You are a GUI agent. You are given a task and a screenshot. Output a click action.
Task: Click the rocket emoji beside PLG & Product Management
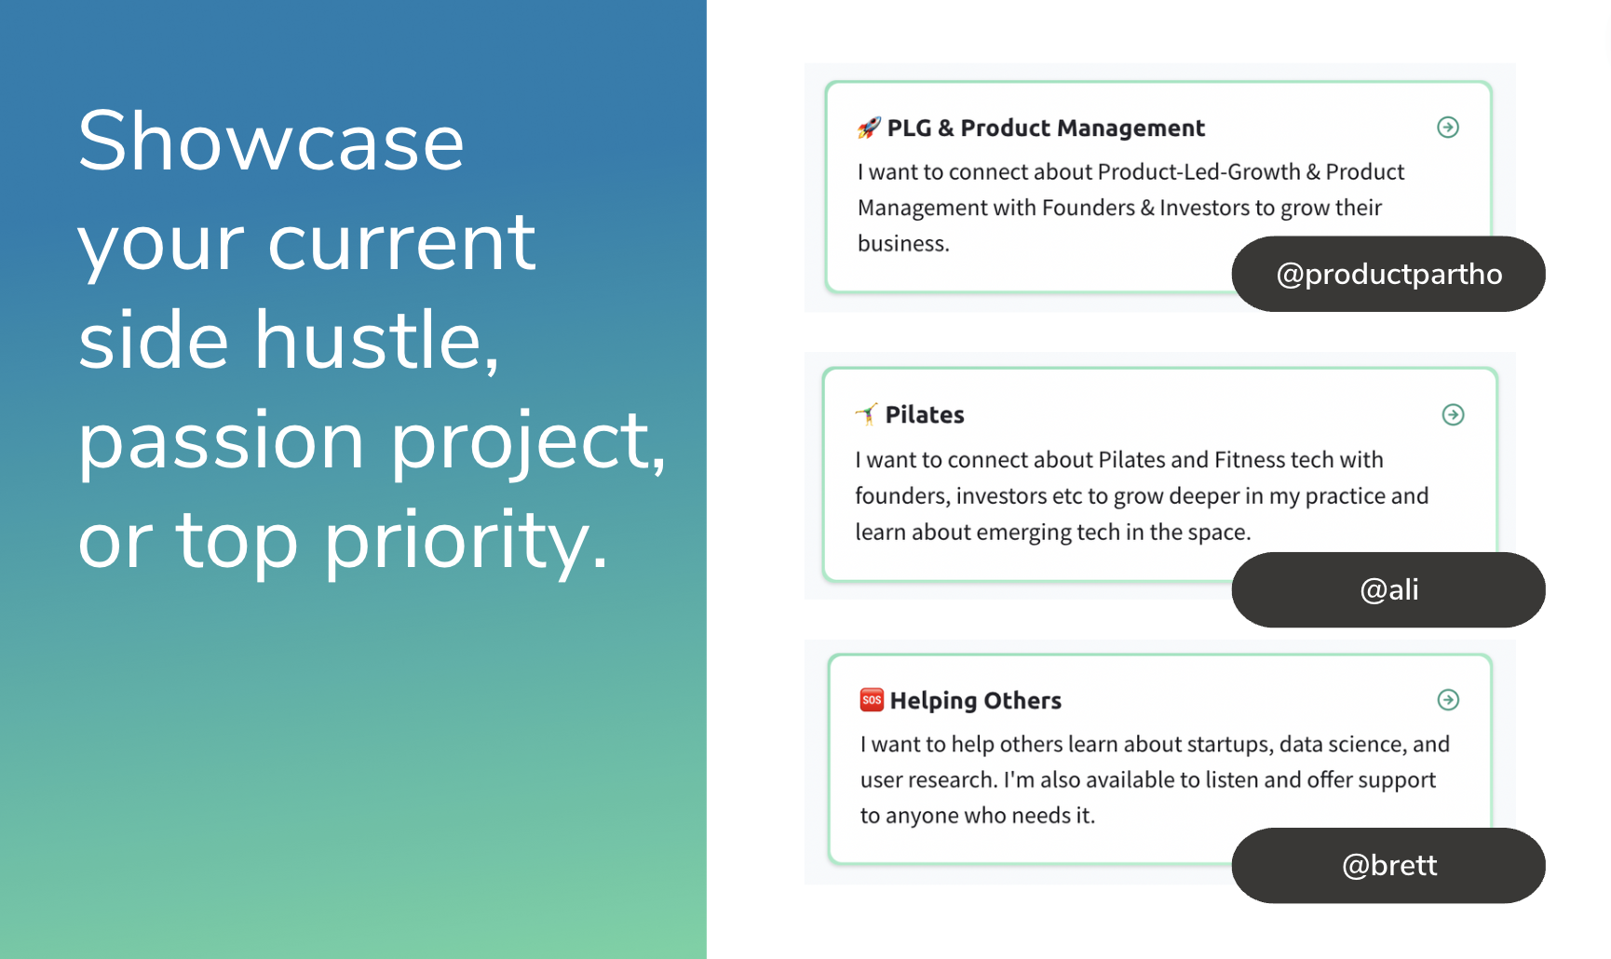pyautogui.click(x=869, y=128)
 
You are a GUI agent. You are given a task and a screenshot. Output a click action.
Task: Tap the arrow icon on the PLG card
pyautogui.click(x=1447, y=127)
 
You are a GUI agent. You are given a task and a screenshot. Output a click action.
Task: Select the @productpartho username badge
pyautogui.click(x=1388, y=274)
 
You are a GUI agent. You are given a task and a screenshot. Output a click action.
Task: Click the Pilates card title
pyautogui.click(x=925, y=414)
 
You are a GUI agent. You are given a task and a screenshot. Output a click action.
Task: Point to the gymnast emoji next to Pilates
pyautogui.click(x=866, y=414)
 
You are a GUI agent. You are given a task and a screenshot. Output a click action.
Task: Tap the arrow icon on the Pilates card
pyautogui.click(x=1453, y=414)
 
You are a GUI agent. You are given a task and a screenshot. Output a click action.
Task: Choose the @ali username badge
pyautogui.click(x=1388, y=589)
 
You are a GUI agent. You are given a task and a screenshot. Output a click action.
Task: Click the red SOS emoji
pyautogui.click(x=872, y=699)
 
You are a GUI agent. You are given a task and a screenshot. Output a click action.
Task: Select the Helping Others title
pyautogui.click(x=976, y=701)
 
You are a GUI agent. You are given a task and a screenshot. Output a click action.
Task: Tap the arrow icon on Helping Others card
pyautogui.click(x=1448, y=699)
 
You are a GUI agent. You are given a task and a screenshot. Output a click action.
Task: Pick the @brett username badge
pyautogui.click(x=1388, y=866)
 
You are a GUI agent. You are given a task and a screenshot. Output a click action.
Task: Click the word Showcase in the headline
pyautogui.click(x=271, y=141)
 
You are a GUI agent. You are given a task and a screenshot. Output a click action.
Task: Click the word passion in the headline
pyautogui.click(x=221, y=443)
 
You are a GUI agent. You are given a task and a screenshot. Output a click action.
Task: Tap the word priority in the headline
pyautogui.click(x=466, y=542)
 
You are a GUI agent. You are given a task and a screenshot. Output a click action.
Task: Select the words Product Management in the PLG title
pyautogui.click(x=1083, y=128)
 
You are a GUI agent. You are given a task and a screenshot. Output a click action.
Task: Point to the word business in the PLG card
pyautogui.click(x=903, y=244)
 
